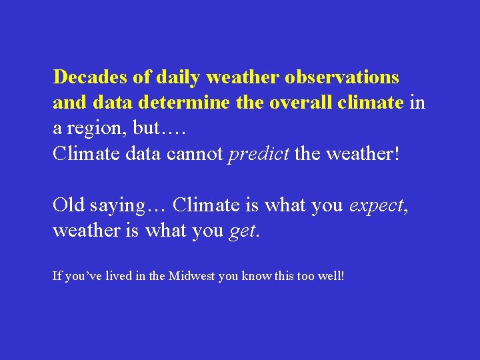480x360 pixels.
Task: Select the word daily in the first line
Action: tap(179, 78)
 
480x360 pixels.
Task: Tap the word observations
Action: tap(342, 78)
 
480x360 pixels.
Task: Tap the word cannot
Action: tap(197, 154)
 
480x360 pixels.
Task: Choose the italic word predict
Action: tap(259, 155)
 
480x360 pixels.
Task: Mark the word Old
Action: tap(68, 205)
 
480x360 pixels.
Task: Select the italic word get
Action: tap(242, 232)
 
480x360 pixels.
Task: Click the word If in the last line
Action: tap(57, 275)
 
